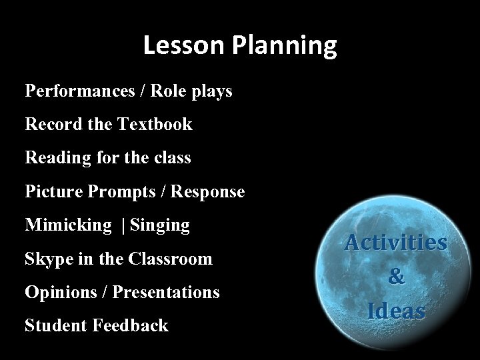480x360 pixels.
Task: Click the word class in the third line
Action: click(x=173, y=158)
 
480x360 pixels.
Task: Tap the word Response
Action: click(x=208, y=192)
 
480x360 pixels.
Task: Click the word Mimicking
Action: click(x=68, y=225)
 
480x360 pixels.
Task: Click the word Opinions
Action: click(x=57, y=293)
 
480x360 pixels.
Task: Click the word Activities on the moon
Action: click(x=396, y=243)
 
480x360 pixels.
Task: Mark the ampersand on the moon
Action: click(x=396, y=277)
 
